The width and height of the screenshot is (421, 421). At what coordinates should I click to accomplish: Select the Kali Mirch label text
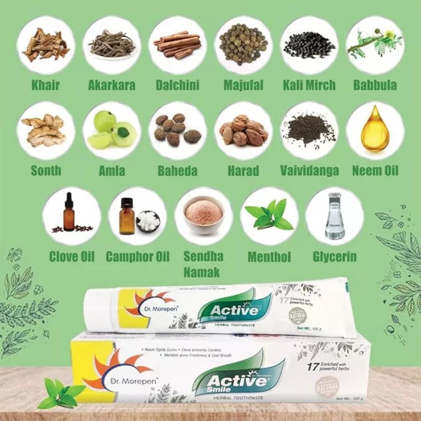309,85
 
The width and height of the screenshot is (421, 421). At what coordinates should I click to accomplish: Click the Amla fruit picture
112,131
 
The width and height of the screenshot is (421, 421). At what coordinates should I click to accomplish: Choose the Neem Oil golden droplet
375,129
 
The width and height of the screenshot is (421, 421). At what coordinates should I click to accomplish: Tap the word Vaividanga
309,171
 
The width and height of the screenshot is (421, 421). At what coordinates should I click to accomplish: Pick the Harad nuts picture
243,131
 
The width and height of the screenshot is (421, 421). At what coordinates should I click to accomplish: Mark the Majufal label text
243,85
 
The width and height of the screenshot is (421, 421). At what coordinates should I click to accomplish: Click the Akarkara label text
112,85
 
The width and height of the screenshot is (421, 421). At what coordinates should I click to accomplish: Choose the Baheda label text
177,171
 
